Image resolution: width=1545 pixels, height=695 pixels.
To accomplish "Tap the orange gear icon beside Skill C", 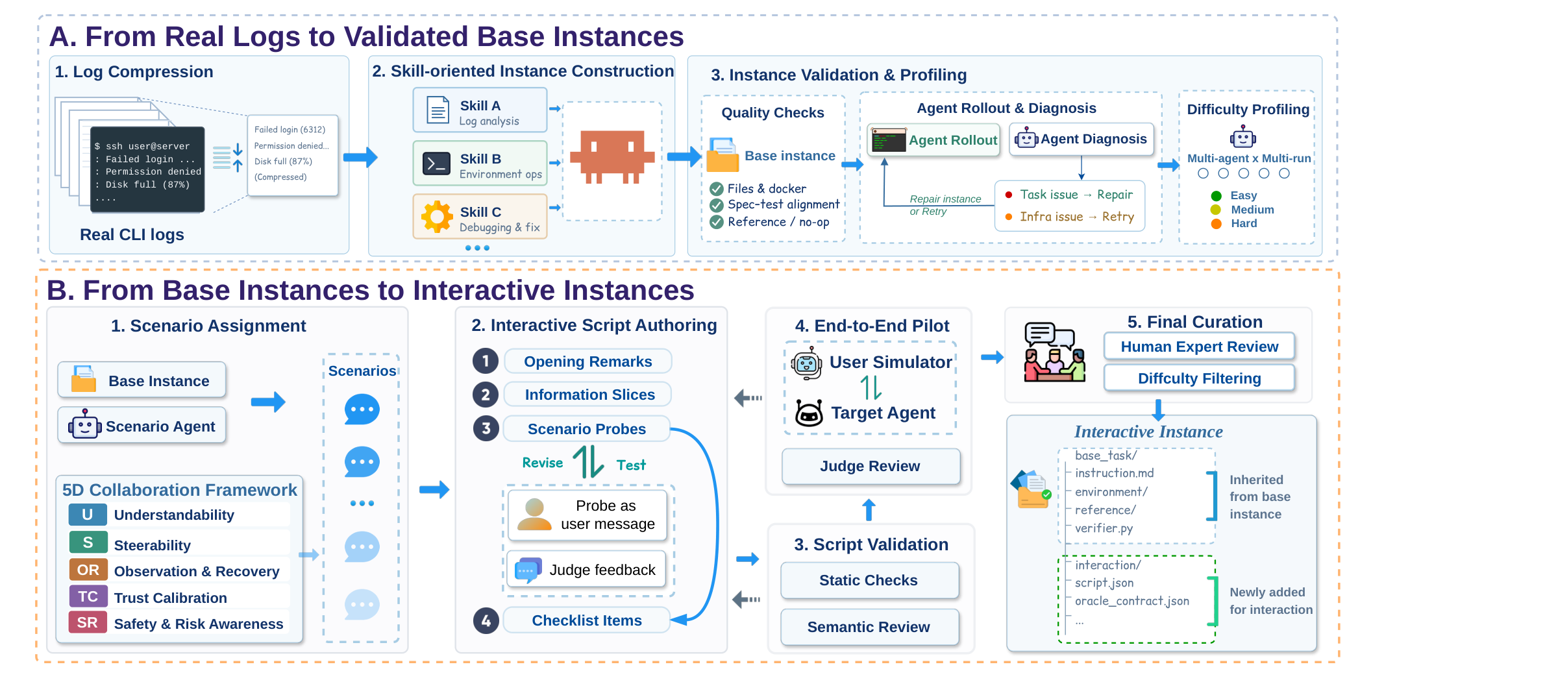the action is pos(437,216).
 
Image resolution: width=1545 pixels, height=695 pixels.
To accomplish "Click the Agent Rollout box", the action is pos(933,140).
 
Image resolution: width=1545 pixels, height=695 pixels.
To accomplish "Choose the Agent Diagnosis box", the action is pos(1081,140).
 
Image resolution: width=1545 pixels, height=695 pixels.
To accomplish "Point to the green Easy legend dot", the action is pos(1217,196).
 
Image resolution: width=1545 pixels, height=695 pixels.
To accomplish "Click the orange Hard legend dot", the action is pos(1217,224).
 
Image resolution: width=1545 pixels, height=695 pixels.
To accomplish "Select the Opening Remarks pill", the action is pos(587,361).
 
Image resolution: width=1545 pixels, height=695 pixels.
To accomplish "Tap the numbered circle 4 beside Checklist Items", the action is pos(486,621).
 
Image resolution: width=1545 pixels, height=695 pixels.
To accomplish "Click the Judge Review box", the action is pos(871,466).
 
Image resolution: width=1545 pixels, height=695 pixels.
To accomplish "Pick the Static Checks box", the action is pos(869,580).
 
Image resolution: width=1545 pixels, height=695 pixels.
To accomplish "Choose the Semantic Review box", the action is pos(869,627).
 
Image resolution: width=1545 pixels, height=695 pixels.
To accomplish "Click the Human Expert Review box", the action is pos(1199,347).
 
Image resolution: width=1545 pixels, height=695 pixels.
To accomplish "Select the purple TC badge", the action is pos(88,596).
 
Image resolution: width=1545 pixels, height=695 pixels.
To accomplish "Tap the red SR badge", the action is pos(88,623).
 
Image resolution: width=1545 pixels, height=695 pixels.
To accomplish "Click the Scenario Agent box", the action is pos(142,426).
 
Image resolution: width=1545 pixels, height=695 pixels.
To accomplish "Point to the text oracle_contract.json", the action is pos(1132,601).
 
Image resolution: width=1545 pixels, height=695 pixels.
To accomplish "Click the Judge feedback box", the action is pos(587,569).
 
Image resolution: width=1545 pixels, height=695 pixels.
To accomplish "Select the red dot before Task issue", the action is pos(1008,195).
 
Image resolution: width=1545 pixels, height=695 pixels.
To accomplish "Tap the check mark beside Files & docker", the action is pos(717,189).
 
